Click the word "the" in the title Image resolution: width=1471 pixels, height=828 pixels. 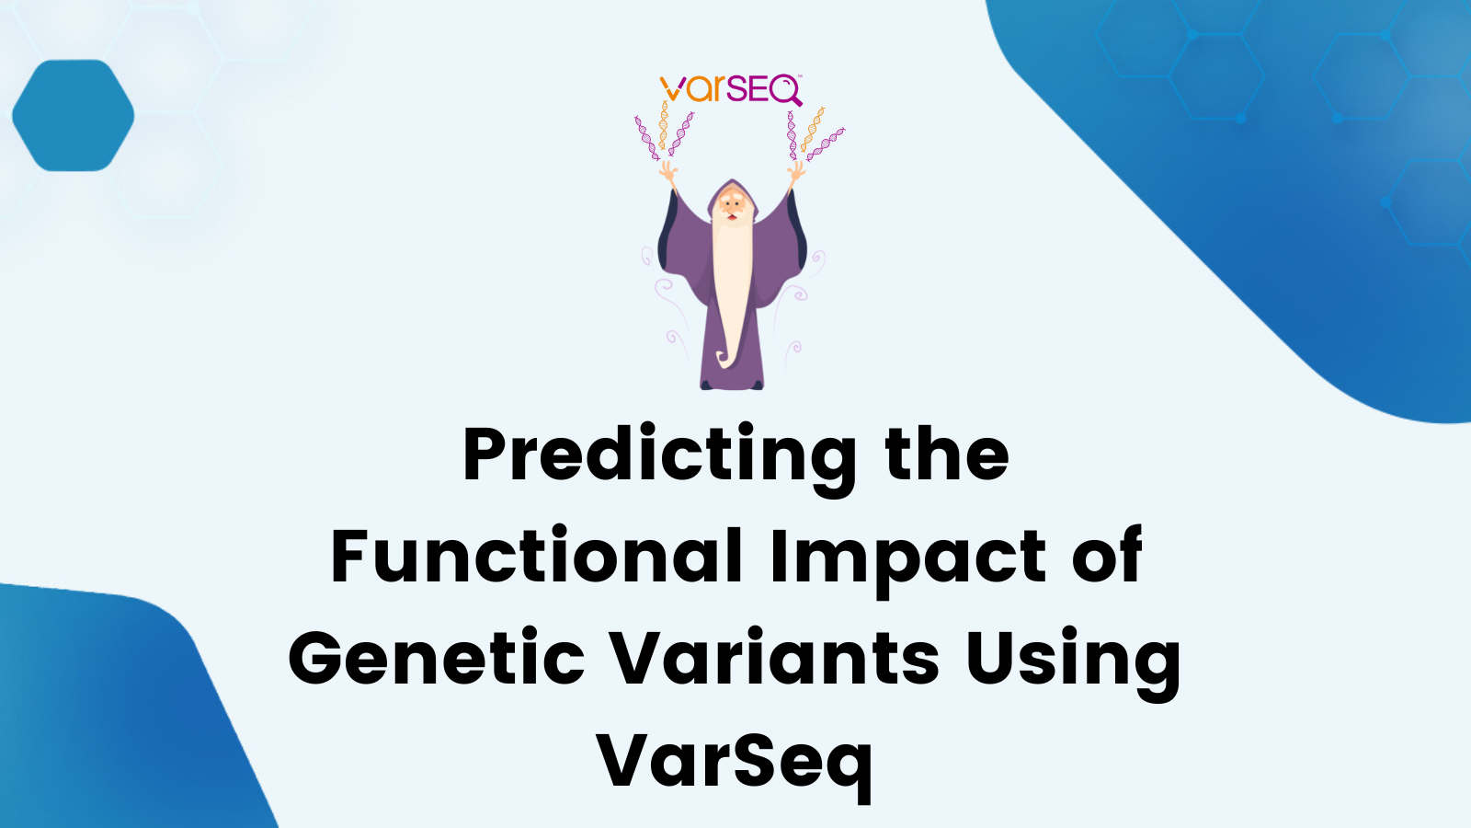click(x=946, y=455)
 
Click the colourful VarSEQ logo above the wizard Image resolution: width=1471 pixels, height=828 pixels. click(x=731, y=90)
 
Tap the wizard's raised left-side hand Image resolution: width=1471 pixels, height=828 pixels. click(x=668, y=171)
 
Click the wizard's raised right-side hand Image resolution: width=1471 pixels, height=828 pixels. click(x=795, y=171)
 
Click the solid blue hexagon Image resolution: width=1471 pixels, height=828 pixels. click(x=74, y=116)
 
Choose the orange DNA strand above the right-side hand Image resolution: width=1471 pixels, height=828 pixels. click(x=812, y=129)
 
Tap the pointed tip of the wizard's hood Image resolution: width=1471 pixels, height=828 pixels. click(x=732, y=181)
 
